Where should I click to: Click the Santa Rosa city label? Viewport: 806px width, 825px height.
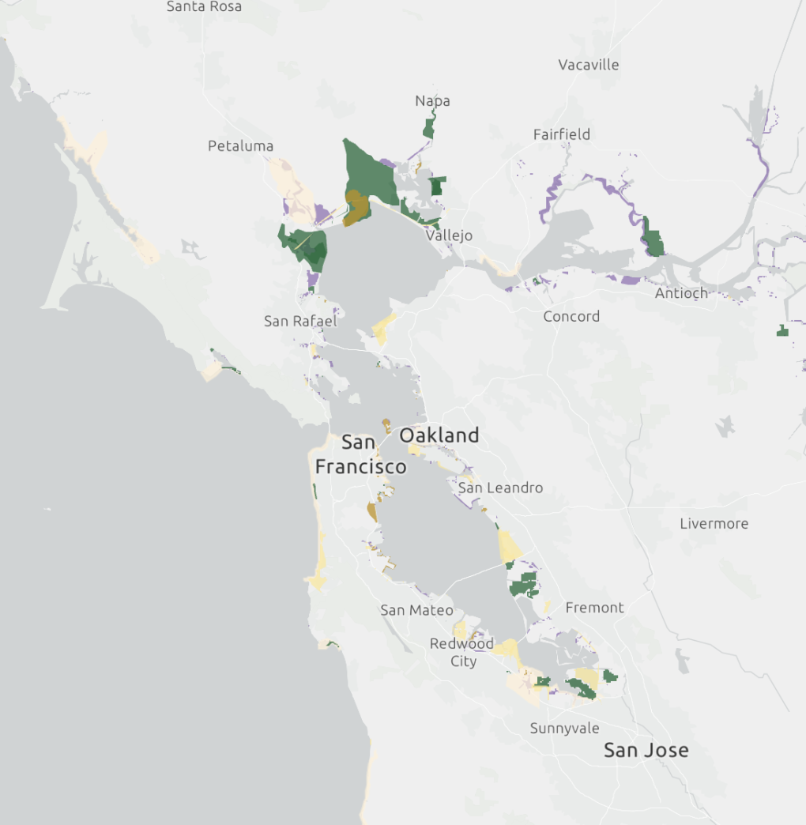tap(204, 7)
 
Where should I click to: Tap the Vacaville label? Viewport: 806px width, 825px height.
tap(588, 65)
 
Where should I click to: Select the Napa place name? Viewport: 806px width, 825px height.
tap(432, 100)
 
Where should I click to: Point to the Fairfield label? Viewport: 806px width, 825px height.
tap(561, 134)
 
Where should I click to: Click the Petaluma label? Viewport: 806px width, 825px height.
tap(240, 146)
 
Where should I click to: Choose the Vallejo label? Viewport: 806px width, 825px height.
tap(449, 235)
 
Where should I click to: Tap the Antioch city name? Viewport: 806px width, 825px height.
tap(681, 293)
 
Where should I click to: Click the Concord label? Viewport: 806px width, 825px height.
tap(571, 316)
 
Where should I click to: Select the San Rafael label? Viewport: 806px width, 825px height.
tap(300, 321)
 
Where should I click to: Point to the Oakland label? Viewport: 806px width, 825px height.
tap(439, 435)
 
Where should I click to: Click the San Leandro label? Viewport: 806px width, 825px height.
tap(500, 488)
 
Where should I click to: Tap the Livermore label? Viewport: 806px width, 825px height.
tap(714, 523)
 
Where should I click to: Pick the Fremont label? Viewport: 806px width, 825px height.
tap(594, 608)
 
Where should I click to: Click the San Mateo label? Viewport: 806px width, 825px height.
tap(416, 610)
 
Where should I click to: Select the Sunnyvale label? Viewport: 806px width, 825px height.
tap(564, 728)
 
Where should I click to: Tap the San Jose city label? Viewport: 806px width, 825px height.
tap(646, 750)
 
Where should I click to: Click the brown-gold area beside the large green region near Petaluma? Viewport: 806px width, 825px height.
tap(357, 207)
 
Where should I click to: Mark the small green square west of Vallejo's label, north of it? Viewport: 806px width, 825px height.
tap(437, 186)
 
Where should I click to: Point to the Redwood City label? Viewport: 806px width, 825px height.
tap(461, 652)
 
